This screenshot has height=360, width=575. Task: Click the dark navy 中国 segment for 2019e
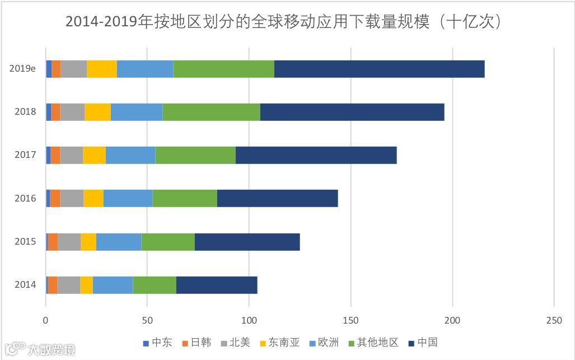tap(379, 68)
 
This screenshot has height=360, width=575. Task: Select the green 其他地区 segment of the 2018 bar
tap(211, 112)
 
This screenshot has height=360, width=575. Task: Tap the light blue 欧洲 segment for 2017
tap(130, 155)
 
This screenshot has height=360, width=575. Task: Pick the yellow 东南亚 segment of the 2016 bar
tap(94, 198)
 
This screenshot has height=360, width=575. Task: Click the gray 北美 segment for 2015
tap(69, 242)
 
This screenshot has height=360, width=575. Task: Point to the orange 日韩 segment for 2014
tap(53, 285)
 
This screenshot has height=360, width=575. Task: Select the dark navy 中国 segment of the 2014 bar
tap(217, 285)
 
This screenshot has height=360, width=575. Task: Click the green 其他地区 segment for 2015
tap(168, 242)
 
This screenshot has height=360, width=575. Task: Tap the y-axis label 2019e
tap(23, 68)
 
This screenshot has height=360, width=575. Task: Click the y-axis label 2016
tap(25, 198)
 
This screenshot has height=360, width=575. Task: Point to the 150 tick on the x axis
tap(350, 320)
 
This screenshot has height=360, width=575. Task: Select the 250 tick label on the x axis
tap(554, 320)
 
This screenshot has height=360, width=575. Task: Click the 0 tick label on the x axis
tap(46, 320)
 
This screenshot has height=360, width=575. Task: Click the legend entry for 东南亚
tap(278, 342)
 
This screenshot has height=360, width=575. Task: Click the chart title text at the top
tap(287, 21)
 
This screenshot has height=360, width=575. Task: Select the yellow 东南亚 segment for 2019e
tap(102, 68)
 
